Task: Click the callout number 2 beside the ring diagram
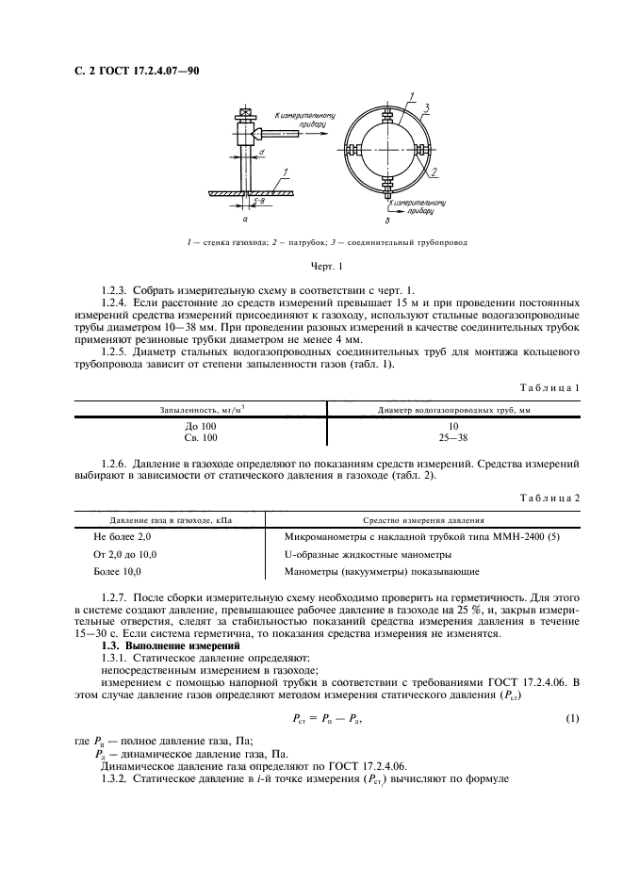435,173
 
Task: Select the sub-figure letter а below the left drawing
245,217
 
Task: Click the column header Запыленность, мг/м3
201,409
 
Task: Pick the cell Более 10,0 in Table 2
117,571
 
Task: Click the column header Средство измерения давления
423,519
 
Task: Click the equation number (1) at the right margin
571,720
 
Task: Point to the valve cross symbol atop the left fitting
243,115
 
